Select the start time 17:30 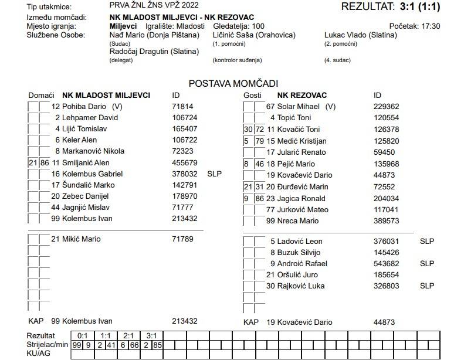pos(431,26)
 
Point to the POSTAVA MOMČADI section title pos(233,84)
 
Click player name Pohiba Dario pos(84,107)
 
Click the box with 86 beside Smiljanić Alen pos(45,162)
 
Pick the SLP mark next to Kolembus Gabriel pos(215,174)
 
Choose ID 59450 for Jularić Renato pos(384,152)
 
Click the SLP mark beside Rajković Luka pos(427,286)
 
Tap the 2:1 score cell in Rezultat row pos(129,336)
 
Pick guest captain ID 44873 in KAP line pos(384,322)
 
